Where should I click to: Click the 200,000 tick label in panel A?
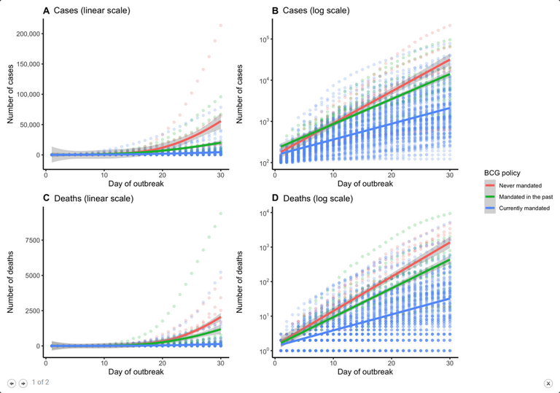click(x=25, y=34)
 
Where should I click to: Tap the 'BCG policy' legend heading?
click(x=502, y=173)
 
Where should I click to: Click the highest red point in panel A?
click(x=220, y=26)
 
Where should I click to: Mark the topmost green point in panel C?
click(x=220, y=214)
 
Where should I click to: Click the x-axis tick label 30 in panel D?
click(x=451, y=363)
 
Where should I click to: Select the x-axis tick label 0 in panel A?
click(x=45, y=175)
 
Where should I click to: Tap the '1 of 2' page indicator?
click(x=41, y=381)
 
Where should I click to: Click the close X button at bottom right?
click(x=548, y=383)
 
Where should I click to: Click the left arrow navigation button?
click(x=12, y=383)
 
